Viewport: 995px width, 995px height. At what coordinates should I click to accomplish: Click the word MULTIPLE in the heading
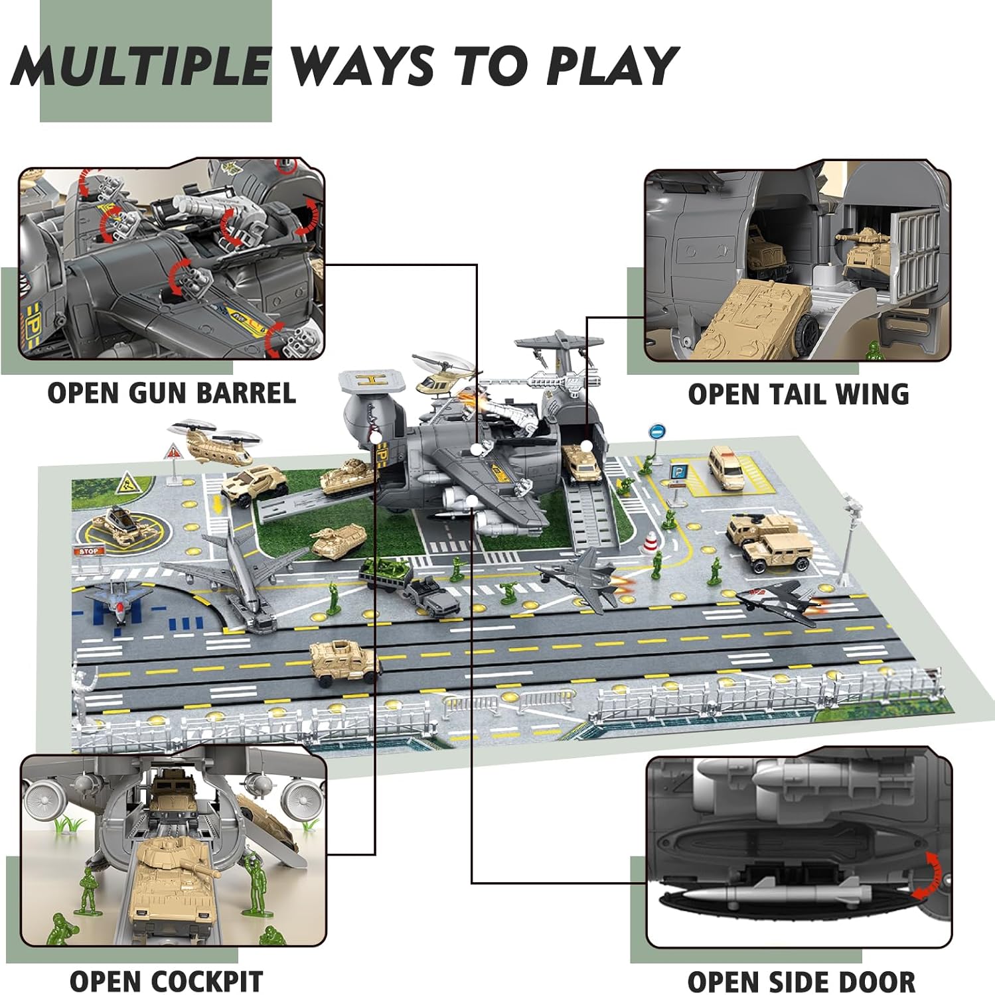pos(141,66)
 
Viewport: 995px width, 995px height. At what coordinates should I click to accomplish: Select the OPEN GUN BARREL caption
pos(171,393)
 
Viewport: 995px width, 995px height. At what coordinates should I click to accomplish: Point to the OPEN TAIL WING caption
pos(798,395)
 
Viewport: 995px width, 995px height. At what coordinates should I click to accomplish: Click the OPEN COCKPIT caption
pos(166,981)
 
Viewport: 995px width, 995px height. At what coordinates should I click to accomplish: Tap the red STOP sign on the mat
pos(88,552)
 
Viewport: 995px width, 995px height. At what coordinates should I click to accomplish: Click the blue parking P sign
pos(678,473)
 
